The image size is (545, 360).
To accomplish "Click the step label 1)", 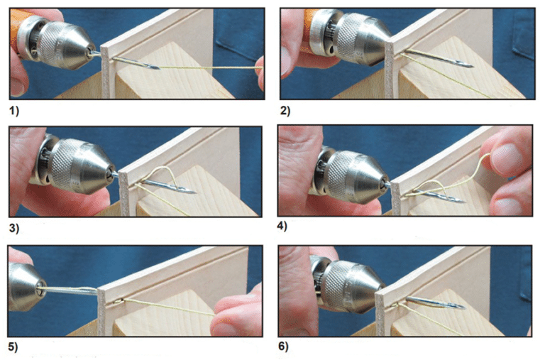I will [x=15, y=111].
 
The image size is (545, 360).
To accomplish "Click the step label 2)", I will [x=286, y=111].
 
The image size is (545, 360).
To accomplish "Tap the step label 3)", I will [x=15, y=229].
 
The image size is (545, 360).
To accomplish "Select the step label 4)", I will [x=287, y=229].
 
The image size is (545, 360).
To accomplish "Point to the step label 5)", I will [x=14, y=348].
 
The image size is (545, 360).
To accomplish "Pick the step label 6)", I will [x=287, y=348].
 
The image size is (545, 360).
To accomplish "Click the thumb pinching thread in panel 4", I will [x=507, y=158].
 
